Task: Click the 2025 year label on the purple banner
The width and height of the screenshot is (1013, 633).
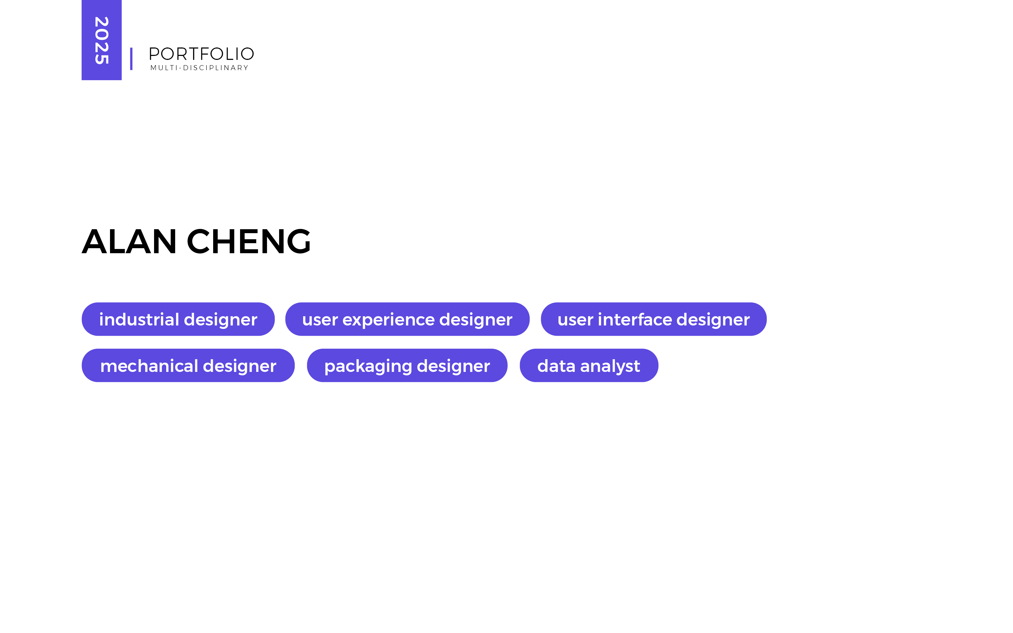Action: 102,41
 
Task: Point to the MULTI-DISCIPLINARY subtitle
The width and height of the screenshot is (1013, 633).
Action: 199,68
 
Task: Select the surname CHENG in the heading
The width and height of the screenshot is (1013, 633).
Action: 249,242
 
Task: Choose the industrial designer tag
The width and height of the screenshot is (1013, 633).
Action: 178,319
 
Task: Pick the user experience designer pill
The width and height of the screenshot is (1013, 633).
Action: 407,319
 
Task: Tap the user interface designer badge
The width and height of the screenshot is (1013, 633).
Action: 653,319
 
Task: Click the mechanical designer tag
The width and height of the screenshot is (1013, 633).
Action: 188,366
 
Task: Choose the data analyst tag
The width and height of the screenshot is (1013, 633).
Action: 589,366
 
